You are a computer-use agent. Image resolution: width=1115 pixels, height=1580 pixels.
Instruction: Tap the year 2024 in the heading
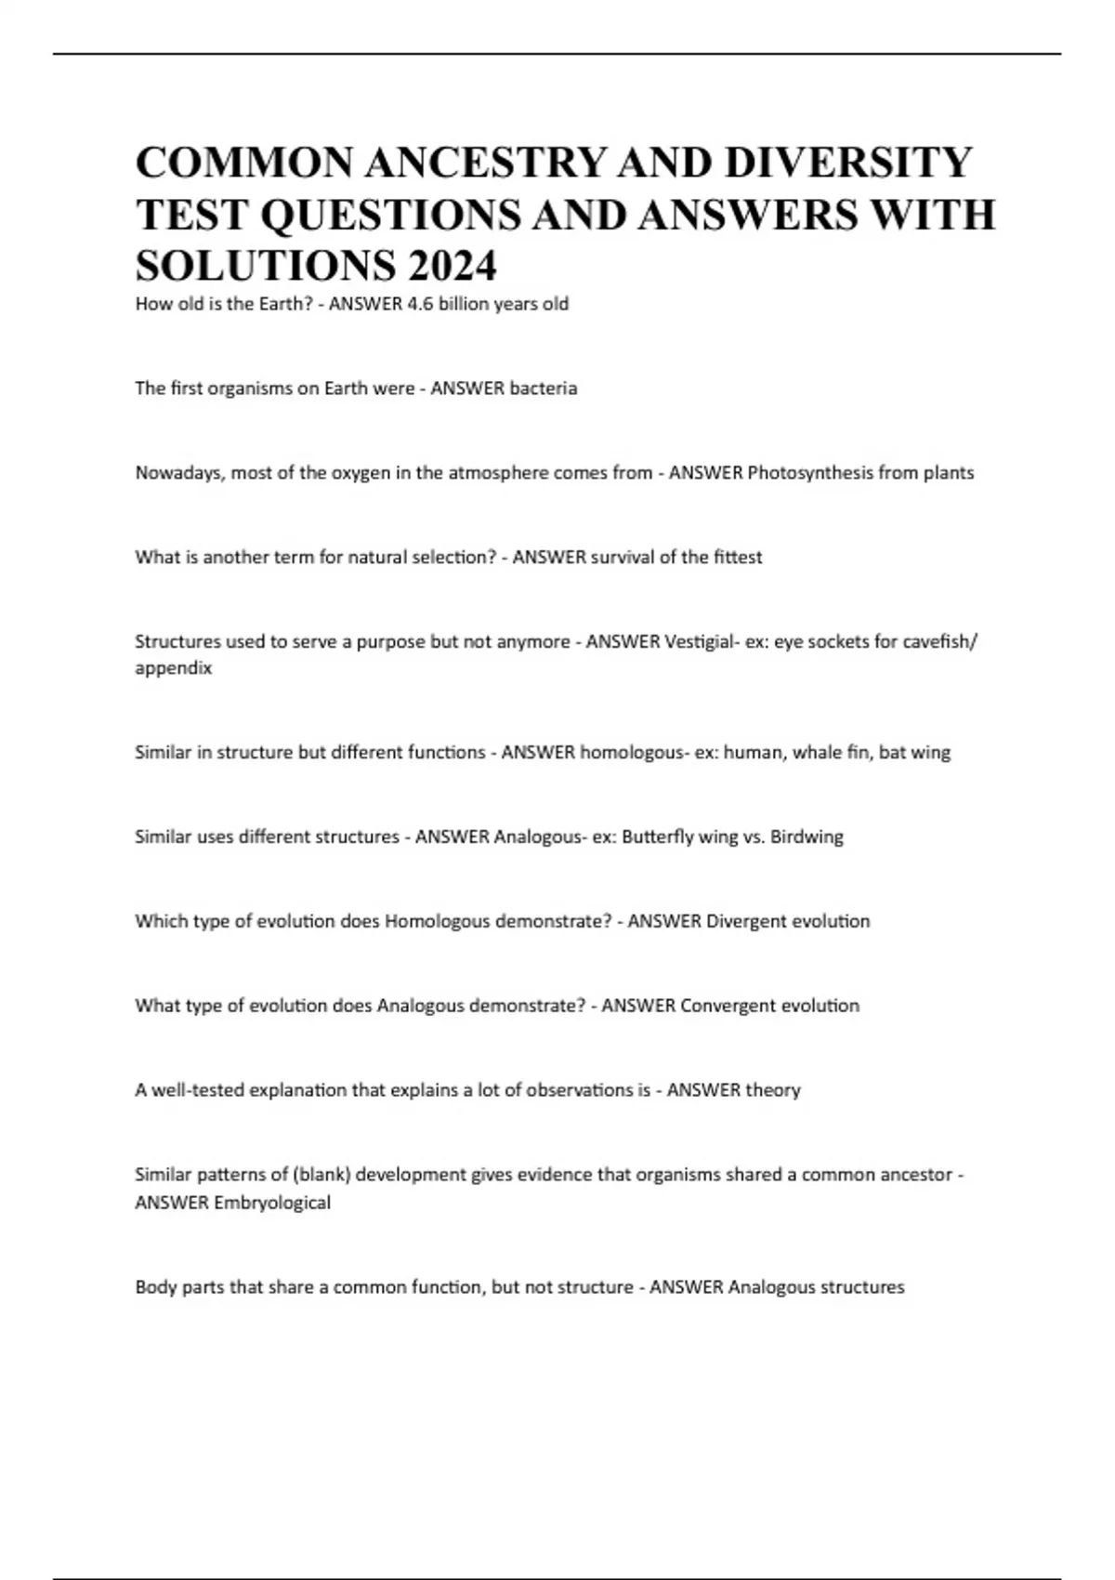(x=451, y=267)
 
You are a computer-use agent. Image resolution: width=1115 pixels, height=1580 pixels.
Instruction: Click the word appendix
(x=173, y=668)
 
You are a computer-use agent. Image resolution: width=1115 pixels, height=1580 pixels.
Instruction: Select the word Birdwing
(x=807, y=836)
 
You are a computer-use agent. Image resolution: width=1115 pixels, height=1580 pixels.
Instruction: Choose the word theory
(x=773, y=1089)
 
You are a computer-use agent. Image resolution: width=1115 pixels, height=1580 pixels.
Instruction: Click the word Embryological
(x=272, y=1203)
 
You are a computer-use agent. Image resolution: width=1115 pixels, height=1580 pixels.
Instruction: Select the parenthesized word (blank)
(x=321, y=1175)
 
